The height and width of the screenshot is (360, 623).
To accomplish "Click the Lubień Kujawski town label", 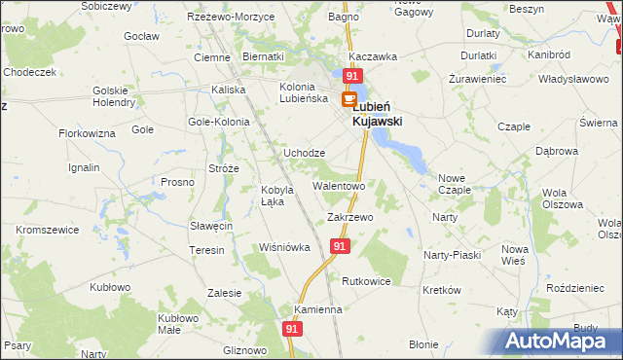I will pyautogui.click(x=377, y=115).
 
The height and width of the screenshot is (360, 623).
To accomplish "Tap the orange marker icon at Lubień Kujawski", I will pyautogui.click(x=348, y=98).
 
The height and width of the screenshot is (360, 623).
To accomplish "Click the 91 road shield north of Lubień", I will pyautogui.click(x=352, y=76).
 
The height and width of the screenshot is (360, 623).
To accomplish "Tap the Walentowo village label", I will pyautogui.click(x=338, y=185).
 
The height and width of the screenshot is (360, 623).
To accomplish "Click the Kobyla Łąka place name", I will pyautogui.click(x=277, y=196).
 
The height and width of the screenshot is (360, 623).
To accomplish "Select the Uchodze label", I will pyautogui.click(x=304, y=154).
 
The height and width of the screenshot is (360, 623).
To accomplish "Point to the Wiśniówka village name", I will pyautogui.click(x=283, y=247).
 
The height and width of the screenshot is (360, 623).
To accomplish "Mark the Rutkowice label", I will pyautogui.click(x=366, y=281).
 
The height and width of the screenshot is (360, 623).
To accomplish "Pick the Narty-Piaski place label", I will pyautogui.click(x=452, y=255).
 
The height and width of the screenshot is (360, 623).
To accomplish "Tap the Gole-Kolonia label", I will pyautogui.click(x=219, y=123).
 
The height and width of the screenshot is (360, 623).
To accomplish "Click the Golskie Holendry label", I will pyautogui.click(x=115, y=96).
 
